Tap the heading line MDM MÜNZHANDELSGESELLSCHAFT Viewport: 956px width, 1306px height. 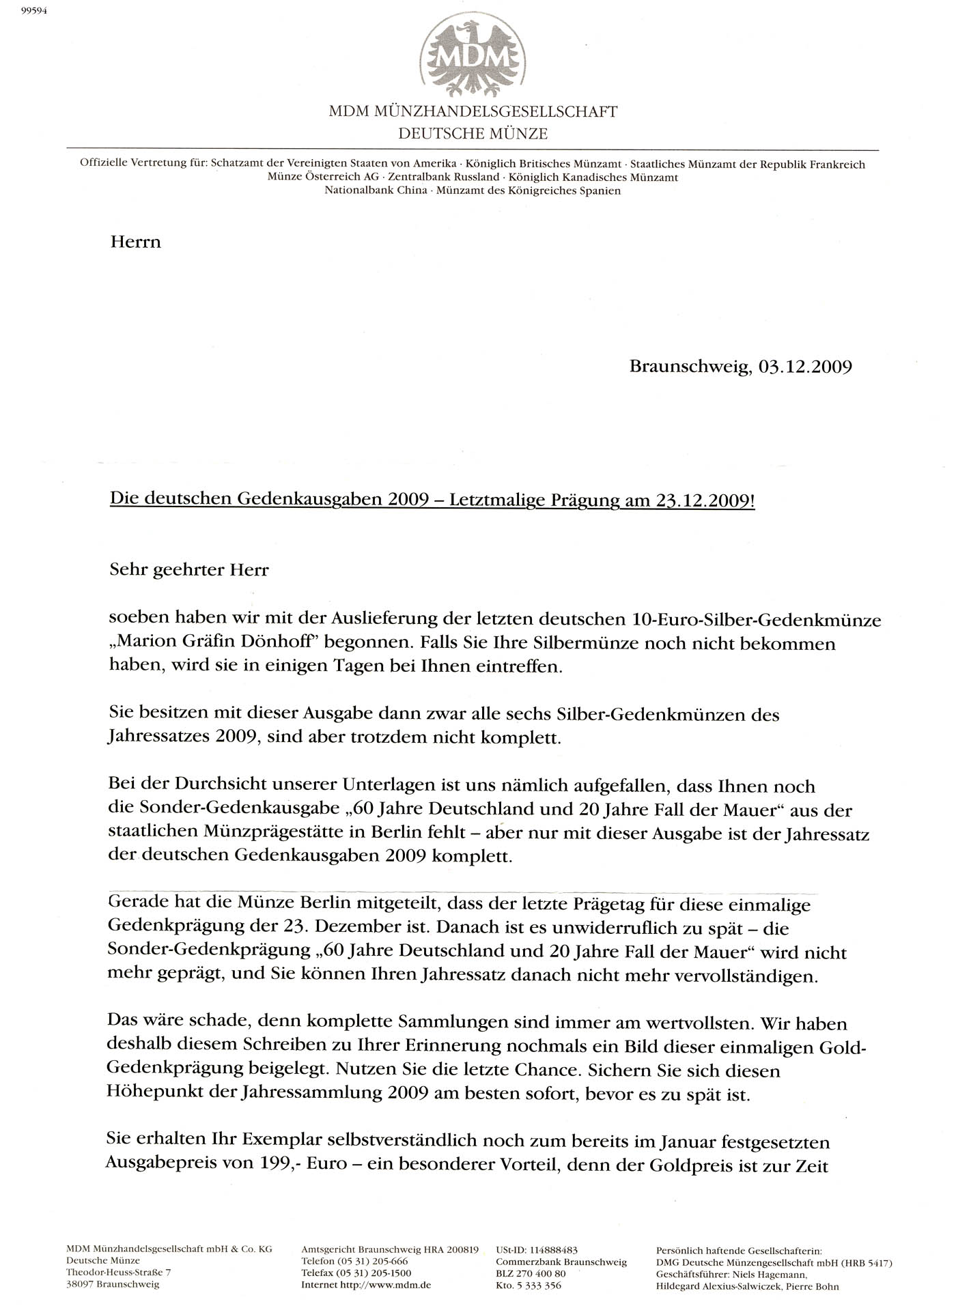[473, 112]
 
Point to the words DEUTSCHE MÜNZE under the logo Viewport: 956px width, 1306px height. [473, 134]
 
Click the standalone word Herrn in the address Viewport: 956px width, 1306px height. [135, 242]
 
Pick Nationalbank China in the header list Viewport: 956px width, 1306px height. [376, 190]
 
